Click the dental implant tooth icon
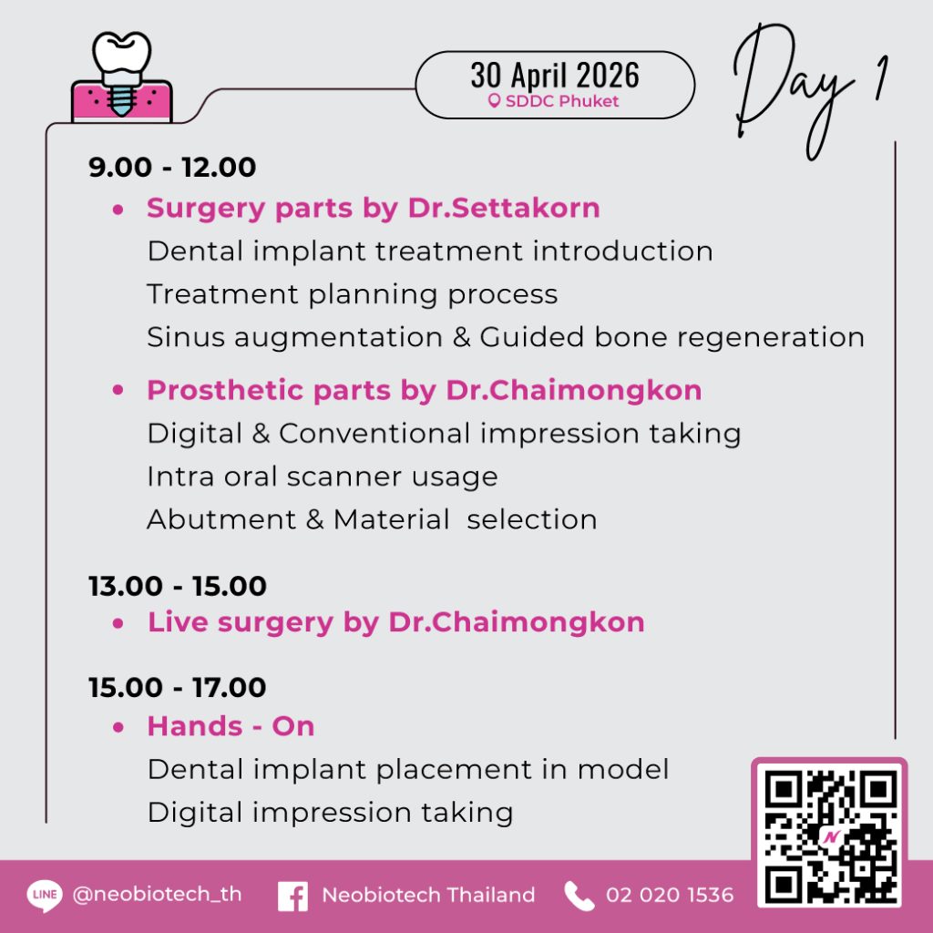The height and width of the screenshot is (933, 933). [x=121, y=77]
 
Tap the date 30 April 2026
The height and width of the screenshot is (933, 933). [x=555, y=75]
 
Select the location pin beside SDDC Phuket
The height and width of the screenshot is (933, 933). [x=493, y=101]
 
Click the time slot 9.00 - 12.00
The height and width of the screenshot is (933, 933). [x=172, y=168]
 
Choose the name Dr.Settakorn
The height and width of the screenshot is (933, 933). [x=504, y=209]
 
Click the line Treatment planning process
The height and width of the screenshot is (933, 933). [x=353, y=294]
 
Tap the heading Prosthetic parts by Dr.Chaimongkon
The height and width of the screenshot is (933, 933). [x=425, y=391]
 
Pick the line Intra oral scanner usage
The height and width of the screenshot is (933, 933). [x=323, y=477]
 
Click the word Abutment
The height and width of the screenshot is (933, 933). [x=221, y=519]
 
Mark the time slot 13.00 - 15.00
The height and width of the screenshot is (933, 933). [x=178, y=586]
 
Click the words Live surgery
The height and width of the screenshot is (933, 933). [x=241, y=623]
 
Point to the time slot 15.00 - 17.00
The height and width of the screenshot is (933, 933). [x=178, y=688]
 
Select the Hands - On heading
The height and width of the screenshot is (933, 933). [x=231, y=726]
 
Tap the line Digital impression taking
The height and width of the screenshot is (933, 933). [x=330, y=813]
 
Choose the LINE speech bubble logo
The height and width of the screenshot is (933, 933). [x=45, y=896]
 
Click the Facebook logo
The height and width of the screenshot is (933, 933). [x=292, y=897]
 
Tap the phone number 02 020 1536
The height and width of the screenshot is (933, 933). [x=670, y=895]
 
